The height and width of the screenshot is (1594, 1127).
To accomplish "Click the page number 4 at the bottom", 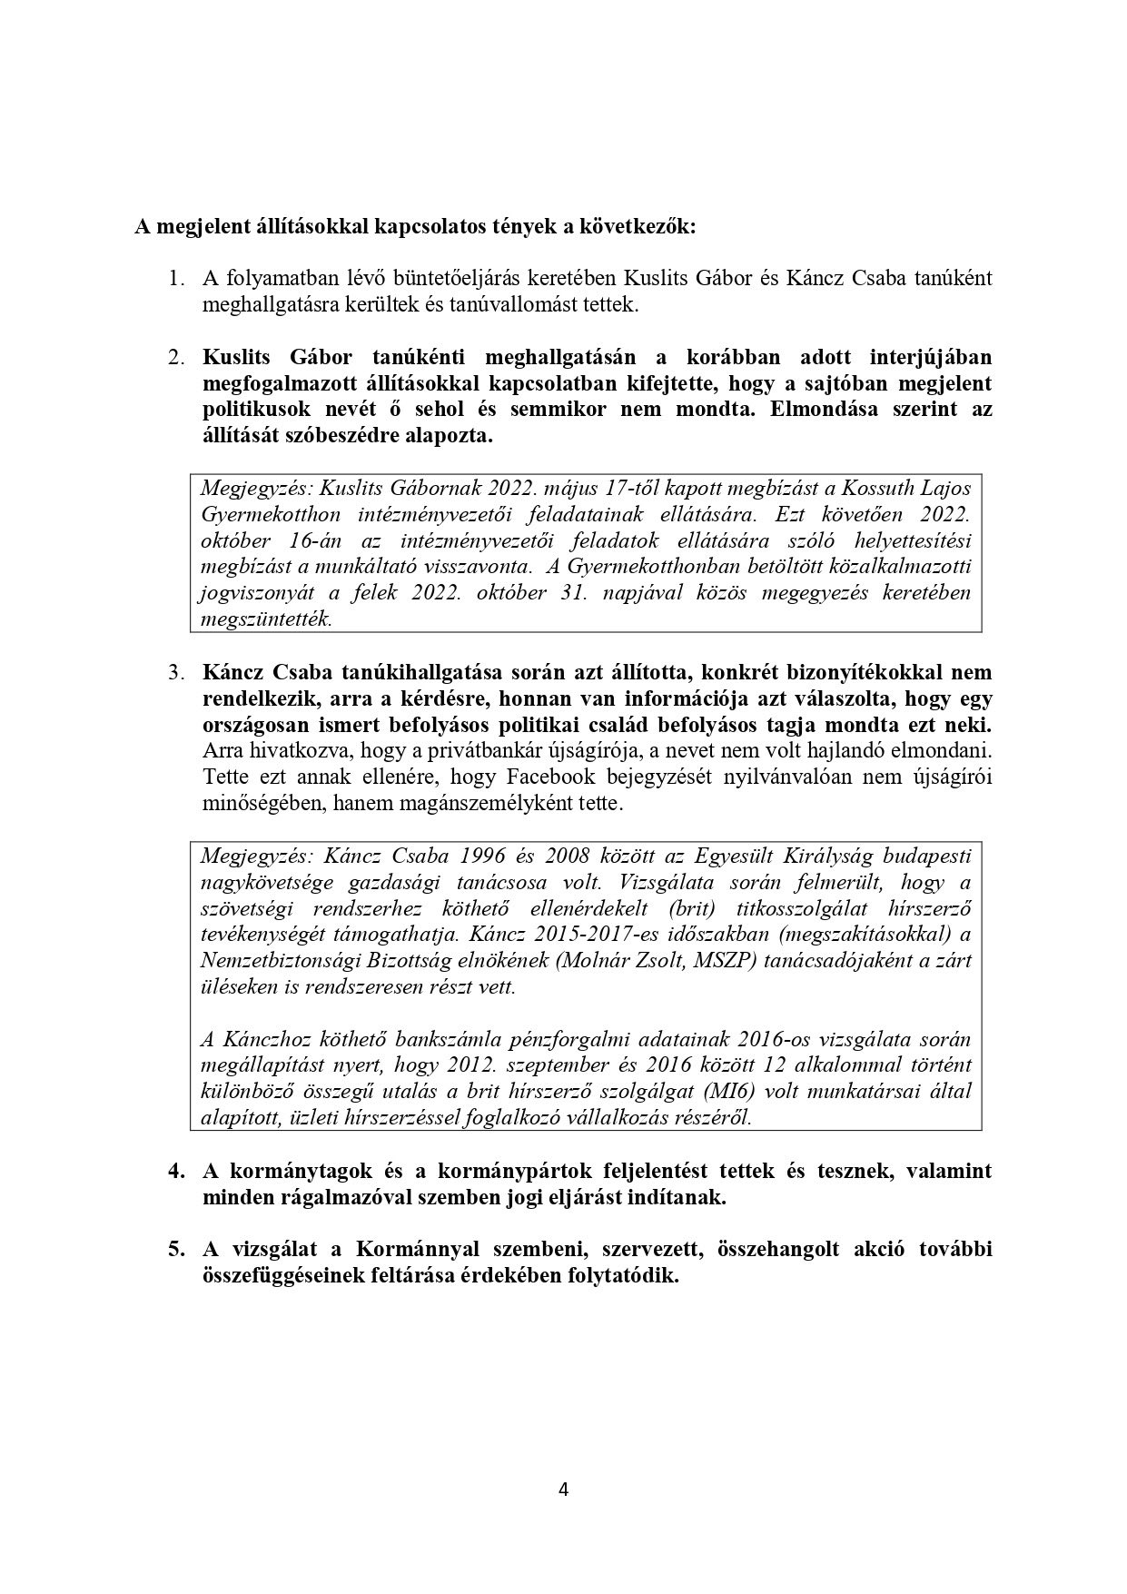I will coord(563,1490).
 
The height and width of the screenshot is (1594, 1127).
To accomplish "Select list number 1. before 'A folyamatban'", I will coord(176,278).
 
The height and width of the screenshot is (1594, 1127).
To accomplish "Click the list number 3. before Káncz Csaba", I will coord(176,673).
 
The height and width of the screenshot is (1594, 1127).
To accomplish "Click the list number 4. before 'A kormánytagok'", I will coord(176,1171).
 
